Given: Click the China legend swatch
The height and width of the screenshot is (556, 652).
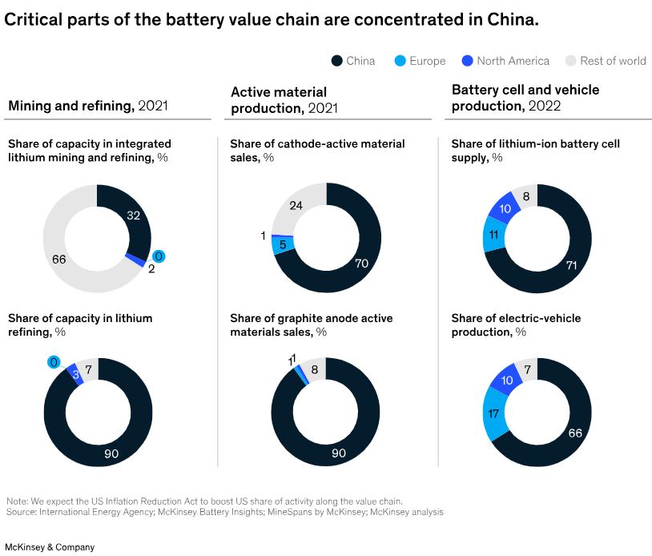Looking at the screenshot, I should coord(337,61).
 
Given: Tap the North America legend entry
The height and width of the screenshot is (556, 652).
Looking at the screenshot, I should coord(505,61).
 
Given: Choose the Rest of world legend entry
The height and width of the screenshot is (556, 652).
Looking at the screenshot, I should coord(606,61).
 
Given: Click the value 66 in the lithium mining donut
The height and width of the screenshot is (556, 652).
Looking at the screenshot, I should coord(58,258).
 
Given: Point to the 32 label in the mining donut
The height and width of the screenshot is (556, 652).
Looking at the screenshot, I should coord(134,215).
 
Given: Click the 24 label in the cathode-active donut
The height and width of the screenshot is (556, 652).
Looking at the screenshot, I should coord(296,206).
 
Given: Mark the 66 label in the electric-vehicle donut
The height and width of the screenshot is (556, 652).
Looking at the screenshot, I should coord(574,433).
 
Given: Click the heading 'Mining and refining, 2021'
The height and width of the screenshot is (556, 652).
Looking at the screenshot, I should coord(87,105).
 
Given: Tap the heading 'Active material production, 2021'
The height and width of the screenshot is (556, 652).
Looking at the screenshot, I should coord(284,100).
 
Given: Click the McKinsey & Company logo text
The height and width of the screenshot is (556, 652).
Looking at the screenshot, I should coord(48,547).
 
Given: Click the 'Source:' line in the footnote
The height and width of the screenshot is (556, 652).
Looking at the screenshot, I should coord(224,511).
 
